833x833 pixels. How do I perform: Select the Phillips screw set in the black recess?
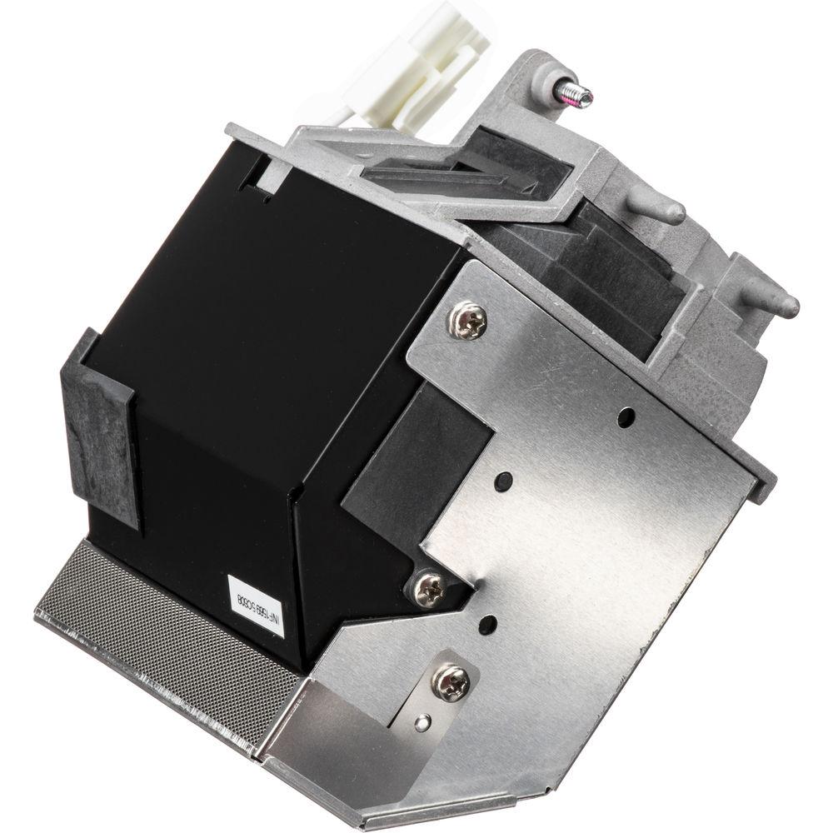[430, 590]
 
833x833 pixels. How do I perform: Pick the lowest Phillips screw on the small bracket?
[451, 683]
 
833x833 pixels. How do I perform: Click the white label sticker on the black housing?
[256, 603]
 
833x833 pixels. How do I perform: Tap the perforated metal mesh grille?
[158, 633]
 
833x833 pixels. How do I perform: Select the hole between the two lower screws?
[488, 625]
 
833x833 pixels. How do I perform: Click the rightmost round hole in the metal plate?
[626, 416]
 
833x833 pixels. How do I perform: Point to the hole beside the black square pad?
[503, 481]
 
